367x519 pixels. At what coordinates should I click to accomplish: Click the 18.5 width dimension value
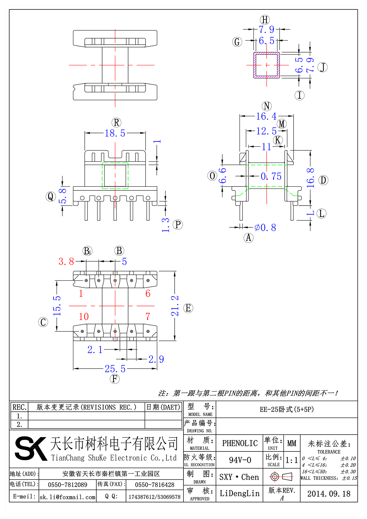tap(115, 133)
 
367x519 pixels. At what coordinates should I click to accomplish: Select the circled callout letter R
tap(116, 123)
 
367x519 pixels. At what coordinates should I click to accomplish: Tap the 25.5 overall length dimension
tap(115, 369)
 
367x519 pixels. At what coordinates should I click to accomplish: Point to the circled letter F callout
tap(115, 379)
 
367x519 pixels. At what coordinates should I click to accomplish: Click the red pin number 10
tap(83, 317)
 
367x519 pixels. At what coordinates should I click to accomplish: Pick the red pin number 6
tap(148, 294)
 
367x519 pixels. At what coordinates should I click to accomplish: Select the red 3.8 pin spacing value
tap(66, 262)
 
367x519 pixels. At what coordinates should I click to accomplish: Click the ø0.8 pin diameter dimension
tap(265, 228)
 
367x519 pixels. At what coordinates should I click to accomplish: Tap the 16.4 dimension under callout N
tap(266, 116)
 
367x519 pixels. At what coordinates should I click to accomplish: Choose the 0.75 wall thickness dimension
tap(271, 176)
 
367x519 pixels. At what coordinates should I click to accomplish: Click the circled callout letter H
tap(265, 20)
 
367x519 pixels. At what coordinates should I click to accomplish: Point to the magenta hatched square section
tap(266, 65)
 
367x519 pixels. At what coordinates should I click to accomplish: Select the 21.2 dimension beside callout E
tap(175, 306)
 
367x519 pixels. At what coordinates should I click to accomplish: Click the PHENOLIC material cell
tap(240, 443)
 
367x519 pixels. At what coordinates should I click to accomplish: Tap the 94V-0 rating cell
tap(240, 460)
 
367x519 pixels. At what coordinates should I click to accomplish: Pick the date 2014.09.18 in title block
tap(329, 494)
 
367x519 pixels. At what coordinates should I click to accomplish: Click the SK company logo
tap(31, 448)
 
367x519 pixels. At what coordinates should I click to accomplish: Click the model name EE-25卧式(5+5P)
tap(287, 409)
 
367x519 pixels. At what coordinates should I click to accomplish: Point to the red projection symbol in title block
tap(281, 477)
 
